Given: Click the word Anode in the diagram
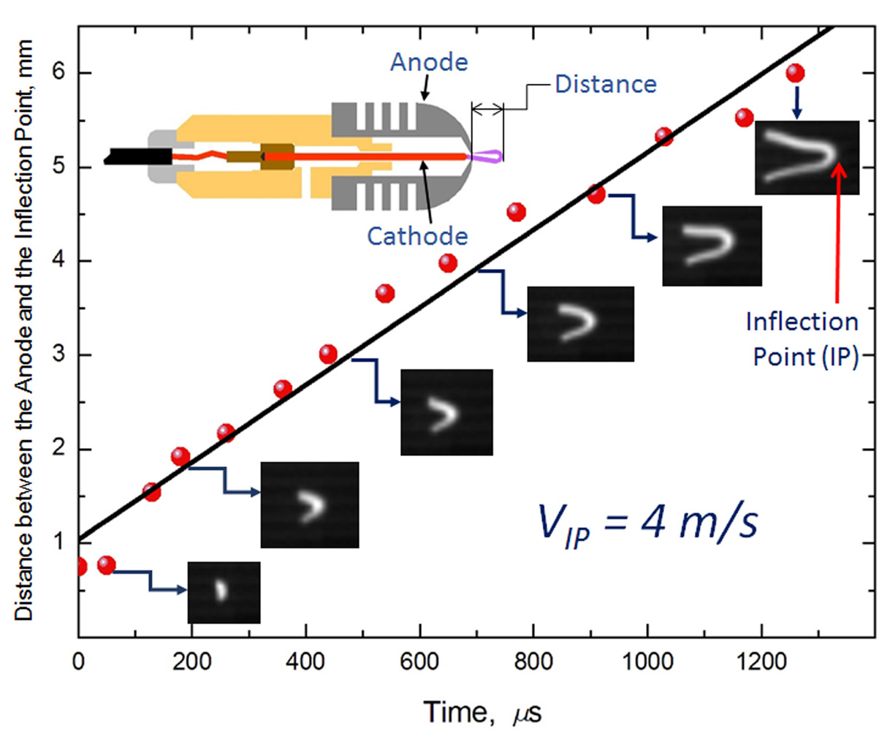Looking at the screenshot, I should click(429, 62).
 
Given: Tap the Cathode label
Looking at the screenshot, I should click(417, 235).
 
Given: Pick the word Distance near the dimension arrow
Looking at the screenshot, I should click(606, 84).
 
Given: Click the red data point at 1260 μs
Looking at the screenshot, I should click(795, 73).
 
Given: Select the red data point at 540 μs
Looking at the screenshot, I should click(385, 294).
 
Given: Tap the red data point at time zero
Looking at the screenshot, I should click(80, 567).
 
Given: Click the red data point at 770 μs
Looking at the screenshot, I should click(516, 213).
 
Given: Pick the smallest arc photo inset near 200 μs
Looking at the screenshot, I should click(224, 592).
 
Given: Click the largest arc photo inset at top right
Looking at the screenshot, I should click(807, 157).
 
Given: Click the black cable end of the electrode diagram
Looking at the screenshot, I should click(139, 156).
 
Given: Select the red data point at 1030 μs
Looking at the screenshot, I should click(663, 136).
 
